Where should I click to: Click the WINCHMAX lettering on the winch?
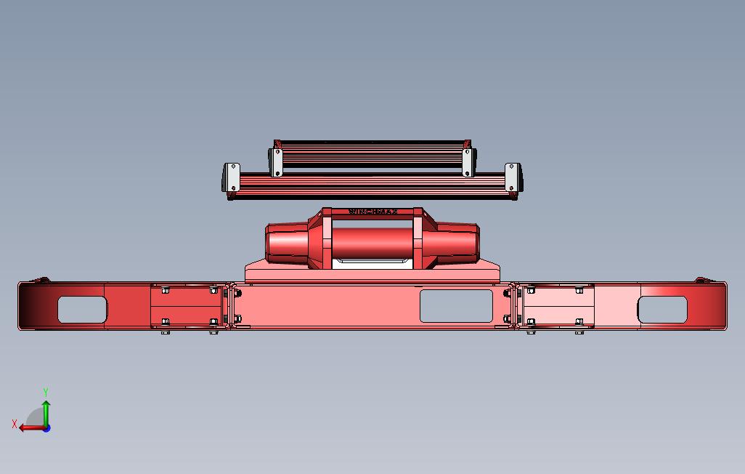point(373,212)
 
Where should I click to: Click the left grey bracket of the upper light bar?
point(276,161)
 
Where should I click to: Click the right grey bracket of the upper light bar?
point(468,161)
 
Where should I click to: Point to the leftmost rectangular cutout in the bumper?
point(81,310)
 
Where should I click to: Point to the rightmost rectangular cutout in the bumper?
point(662,310)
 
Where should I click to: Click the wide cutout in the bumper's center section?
point(456,306)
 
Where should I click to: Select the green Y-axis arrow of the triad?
point(46,411)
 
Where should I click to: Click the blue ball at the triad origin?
point(46,428)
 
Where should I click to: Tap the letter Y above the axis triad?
point(46,393)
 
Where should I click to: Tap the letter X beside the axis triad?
point(15,424)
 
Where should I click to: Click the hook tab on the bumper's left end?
point(42,280)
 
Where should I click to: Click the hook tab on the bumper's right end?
point(701,280)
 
